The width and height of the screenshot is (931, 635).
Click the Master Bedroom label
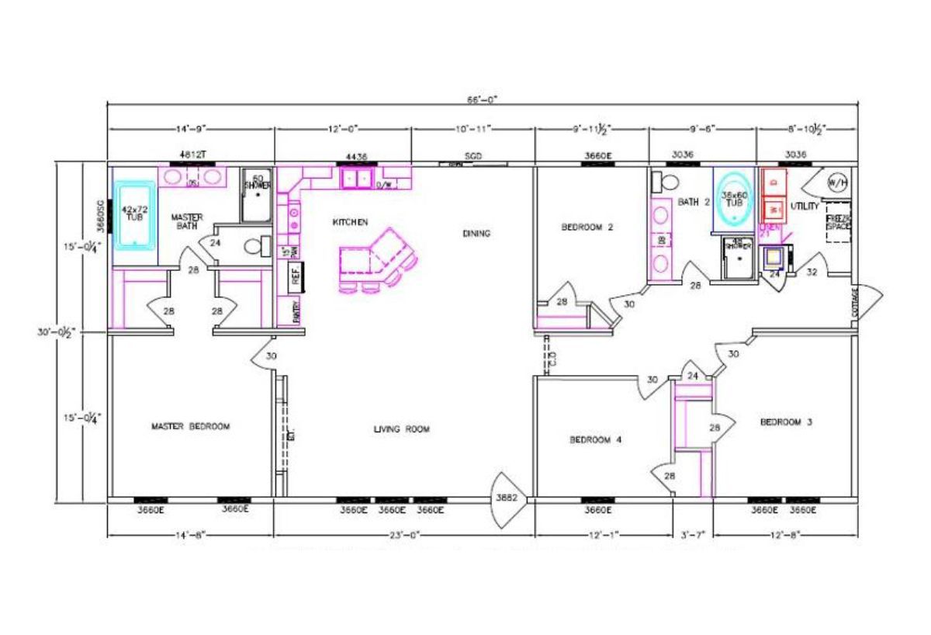190,426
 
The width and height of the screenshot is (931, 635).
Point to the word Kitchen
350,222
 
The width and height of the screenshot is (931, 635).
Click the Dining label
476,233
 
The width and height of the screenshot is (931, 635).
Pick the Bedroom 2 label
587,227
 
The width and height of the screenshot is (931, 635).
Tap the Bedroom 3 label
785,422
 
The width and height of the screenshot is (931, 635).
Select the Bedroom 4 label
595,439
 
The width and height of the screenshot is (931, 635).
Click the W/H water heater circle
837,183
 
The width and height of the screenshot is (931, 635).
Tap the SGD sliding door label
473,156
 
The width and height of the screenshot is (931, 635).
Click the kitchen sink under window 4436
356,179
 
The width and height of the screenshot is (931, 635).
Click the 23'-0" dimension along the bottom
404,535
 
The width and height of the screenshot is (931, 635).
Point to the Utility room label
804,206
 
